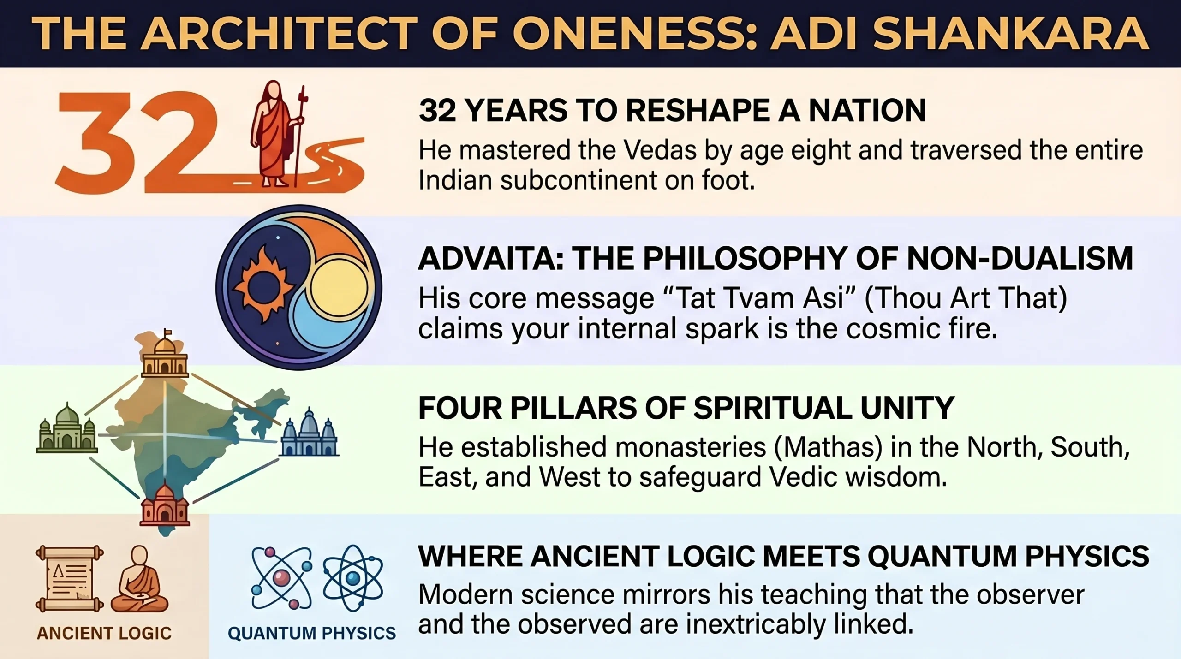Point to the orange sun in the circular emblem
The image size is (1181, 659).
pos(263,285)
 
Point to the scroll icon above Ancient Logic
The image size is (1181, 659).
pos(69,579)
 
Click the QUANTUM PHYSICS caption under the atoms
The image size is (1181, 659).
pos(312,633)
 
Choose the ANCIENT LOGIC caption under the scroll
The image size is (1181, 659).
pos(104,633)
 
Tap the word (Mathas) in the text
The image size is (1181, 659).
pos(828,447)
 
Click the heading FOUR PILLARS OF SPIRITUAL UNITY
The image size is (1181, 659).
pos(686,408)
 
